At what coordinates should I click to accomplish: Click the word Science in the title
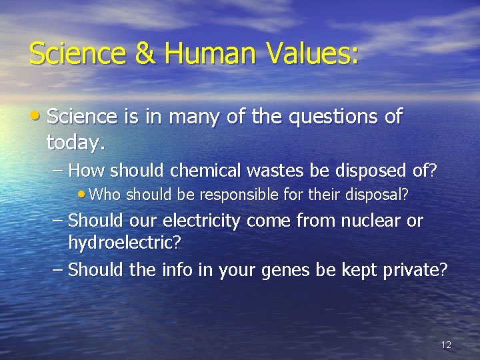pyautogui.click(x=77, y=53)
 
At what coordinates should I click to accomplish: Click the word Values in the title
pyautogui.click(x=307, y=53)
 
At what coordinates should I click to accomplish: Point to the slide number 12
pyautogui.click(x=446, y=345)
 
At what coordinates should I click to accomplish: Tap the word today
pyautogui.click(x=76, y=142)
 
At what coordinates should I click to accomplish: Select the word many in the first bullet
pyautogui.click(x=192, y=117)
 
